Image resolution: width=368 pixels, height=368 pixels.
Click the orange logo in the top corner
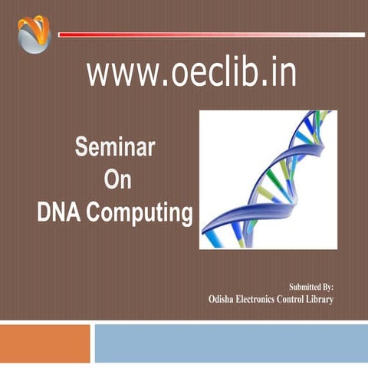point(33,34)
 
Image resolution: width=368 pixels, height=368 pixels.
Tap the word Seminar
point(114,146)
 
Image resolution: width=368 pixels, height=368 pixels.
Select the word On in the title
point(114,179)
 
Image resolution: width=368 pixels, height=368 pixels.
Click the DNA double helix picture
point(268,179)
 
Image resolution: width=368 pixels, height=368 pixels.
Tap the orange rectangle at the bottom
point(44,343)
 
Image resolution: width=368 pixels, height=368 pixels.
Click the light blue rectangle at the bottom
point(230,343)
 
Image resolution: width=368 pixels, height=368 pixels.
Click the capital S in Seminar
point(80,146)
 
